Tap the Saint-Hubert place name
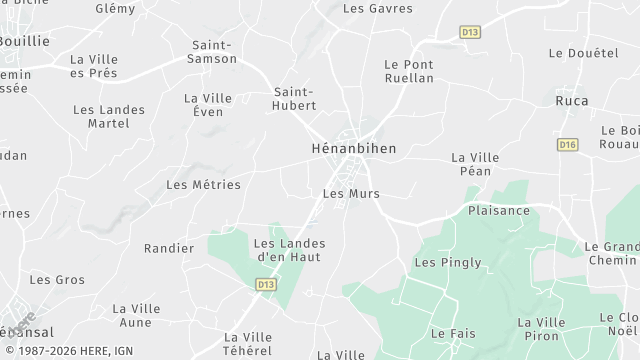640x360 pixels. pos(295,99)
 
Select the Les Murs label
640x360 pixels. pos(351,194)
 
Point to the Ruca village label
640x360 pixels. pos(572,101)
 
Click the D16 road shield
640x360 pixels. pos(568,145)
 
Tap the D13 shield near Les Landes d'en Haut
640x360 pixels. pos(265,285)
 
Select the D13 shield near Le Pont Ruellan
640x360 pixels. pos(470,33)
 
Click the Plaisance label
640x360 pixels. pos(499,211)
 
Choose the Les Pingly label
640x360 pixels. pos(448,263)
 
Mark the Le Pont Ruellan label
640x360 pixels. pos(409,71)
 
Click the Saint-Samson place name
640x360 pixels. pos(212,52)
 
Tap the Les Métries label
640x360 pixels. pos(203,185)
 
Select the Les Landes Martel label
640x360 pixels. pos(109,116)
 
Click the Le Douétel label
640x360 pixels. pos(584,53)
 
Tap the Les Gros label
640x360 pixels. pos(57,280)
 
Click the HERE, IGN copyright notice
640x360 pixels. pos(67,351)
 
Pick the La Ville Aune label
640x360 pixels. pos(136,316)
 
